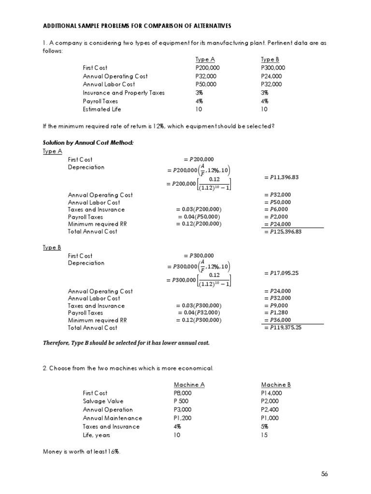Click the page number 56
tap(324, 474)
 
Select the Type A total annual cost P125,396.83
tap(286, 232)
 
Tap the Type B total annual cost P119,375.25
tap(286, 328)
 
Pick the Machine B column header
tap(276, 384)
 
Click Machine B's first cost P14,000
tap(271, 393)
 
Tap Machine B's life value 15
tap(265, 435)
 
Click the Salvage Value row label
tap(103, 401)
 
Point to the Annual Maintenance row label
tap(113, 418)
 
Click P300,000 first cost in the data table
tap(273, 68)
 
